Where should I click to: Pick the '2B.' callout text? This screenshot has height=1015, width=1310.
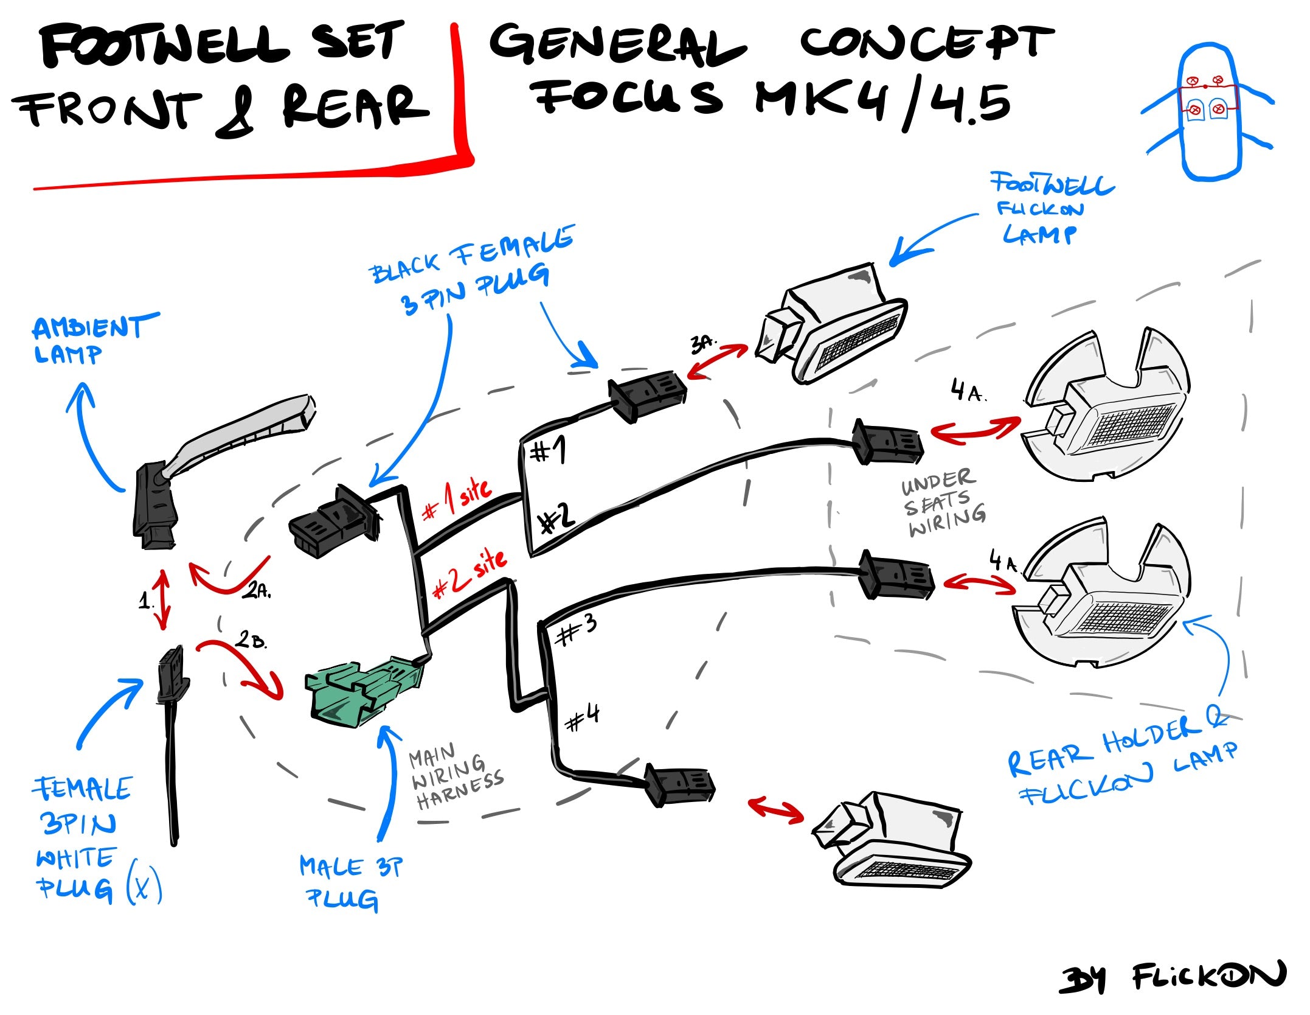251,640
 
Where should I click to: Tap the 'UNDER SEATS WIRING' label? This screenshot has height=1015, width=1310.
943,503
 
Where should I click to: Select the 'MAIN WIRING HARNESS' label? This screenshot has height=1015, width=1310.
455,777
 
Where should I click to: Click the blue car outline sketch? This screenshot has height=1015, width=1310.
1208,113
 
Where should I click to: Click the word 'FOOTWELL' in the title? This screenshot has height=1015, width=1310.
164,46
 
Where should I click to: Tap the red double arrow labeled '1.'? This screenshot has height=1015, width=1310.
162,600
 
